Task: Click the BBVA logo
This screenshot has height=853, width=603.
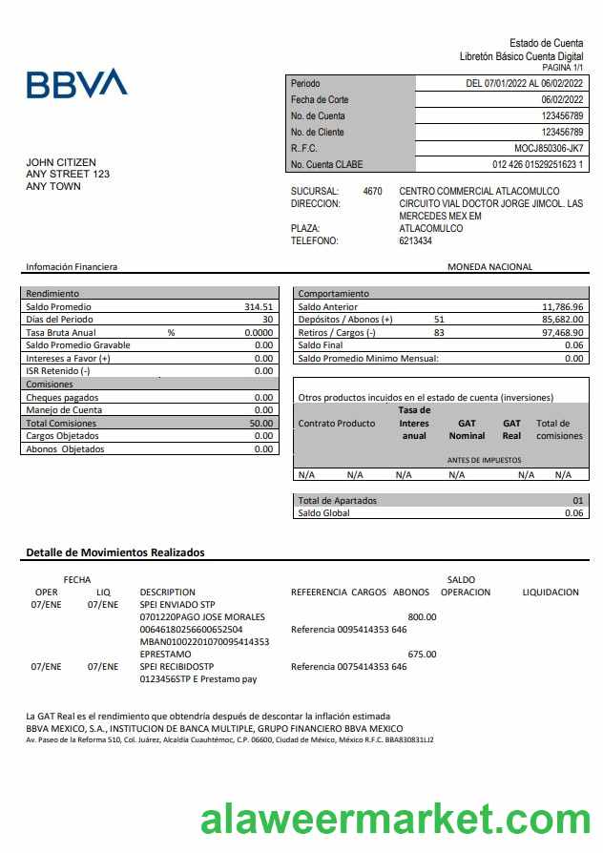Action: (x=76, y=84)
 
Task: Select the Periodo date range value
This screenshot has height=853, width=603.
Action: (x=524, y=84)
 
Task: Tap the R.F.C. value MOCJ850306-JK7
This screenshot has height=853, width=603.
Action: (x=549, y=148)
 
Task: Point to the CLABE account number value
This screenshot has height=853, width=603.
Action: (x=537, y=164)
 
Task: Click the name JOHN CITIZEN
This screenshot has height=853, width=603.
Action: (x=61, y=162)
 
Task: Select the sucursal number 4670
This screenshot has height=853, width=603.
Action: (x=372, y=191)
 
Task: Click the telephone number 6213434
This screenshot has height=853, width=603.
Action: (x=415, y=240)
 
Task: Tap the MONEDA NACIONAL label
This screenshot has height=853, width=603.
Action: (x=489, y=267)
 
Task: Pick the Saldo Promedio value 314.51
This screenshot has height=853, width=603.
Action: (x=259, y=307)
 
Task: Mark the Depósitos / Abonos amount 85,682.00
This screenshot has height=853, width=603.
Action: (x=562, y=320)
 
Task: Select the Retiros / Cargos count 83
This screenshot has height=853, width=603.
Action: (x=439, y=332)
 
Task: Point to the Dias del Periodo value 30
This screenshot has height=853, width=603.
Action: (x=267, y=320)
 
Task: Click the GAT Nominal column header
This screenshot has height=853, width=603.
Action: (x=467, y=429)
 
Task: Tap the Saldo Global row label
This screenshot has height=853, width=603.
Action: (x=324, y=512)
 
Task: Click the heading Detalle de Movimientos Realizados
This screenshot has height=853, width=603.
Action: (x=114, y=552)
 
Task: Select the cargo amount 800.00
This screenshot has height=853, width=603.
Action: (x=422, y=616)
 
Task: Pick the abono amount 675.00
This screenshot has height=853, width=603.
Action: (x=422, y=654)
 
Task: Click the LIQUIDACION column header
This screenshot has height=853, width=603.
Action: (x=551, y=593)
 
